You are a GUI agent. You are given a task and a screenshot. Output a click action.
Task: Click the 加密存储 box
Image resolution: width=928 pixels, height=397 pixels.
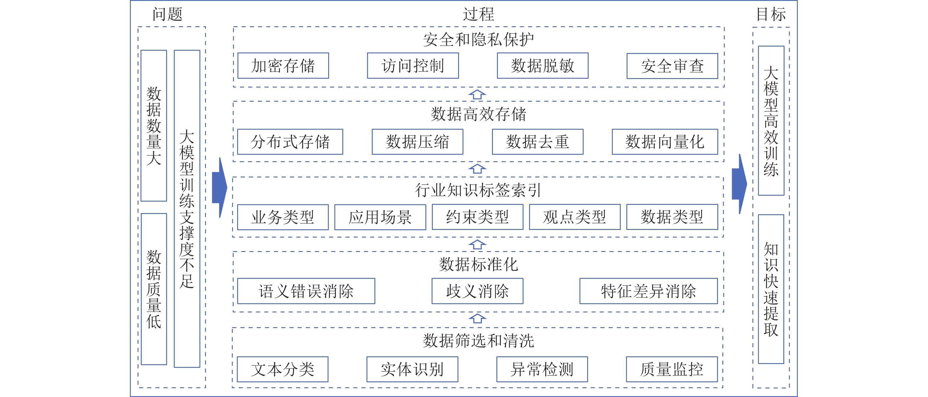click(x=283, y=65)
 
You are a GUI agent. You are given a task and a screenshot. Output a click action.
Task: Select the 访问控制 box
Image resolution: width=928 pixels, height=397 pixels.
click(x=413, y=65)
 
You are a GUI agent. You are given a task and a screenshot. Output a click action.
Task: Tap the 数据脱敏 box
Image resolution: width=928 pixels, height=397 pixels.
click(x=543, y=65)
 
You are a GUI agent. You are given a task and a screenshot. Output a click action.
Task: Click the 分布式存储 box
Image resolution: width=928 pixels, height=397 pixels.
click(x=290, y=141)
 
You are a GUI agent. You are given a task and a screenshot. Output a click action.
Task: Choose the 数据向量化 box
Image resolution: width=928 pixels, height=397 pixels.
click(x=665, y=141)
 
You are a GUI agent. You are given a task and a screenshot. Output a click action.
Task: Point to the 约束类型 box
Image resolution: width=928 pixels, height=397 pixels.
click(x=477, y=217)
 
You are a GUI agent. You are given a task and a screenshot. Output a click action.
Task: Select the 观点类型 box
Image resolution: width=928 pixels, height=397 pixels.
click(x=574, y=217)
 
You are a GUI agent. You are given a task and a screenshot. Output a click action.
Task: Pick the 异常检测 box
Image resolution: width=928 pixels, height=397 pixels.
click(x=542, y=369)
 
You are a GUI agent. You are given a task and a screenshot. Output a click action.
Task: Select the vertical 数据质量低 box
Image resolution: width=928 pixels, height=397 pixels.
click(x=154, y=289)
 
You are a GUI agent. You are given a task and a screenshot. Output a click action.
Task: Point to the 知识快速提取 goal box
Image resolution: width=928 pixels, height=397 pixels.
click(x=771, y=289)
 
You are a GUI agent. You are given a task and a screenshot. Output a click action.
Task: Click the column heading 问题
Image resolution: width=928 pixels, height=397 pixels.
click(x=168, y=14)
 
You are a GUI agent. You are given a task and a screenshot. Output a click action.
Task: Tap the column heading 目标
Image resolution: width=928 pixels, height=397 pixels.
click(x=771, y=14)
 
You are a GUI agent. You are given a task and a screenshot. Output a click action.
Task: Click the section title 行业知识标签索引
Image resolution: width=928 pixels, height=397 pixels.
click(x=478, y=190)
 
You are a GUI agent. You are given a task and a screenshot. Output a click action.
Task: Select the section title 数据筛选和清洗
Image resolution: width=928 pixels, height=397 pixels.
click(x=478, y=340)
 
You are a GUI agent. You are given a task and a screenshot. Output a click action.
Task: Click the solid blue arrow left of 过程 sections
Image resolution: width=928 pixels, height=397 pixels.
click(x=219, y=187)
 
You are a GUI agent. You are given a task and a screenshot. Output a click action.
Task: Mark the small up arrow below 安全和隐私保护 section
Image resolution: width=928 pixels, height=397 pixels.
click(x=477, y=94)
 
